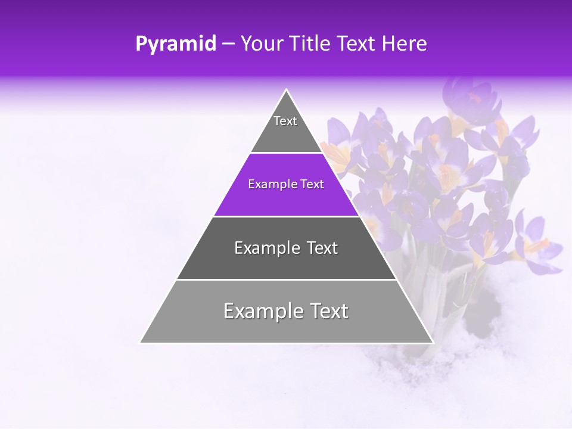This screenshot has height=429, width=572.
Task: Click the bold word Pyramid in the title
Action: click(x=176, y=44)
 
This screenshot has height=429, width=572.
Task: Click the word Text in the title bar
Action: click(x=357, y=43)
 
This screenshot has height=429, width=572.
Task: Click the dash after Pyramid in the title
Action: click(x=228, y=44)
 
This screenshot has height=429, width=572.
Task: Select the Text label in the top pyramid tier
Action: click(x=285, y=121)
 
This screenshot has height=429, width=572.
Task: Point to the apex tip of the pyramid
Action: click(x=287, y=90)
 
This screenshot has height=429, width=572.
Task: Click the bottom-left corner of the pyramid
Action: click(x=141, y=343)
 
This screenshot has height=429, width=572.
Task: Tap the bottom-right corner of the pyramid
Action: click(x=433, y=343)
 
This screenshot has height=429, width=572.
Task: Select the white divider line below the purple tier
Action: click(x=287, y=216)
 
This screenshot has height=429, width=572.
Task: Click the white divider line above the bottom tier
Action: click(x=287, y=279)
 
